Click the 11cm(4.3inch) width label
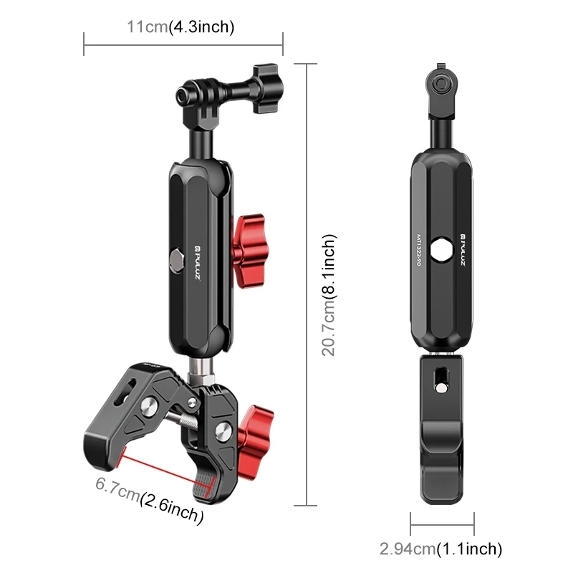[180, 27]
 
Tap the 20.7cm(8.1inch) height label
[329, 297]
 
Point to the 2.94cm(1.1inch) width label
[440, 549]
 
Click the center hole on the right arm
[441, 249]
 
